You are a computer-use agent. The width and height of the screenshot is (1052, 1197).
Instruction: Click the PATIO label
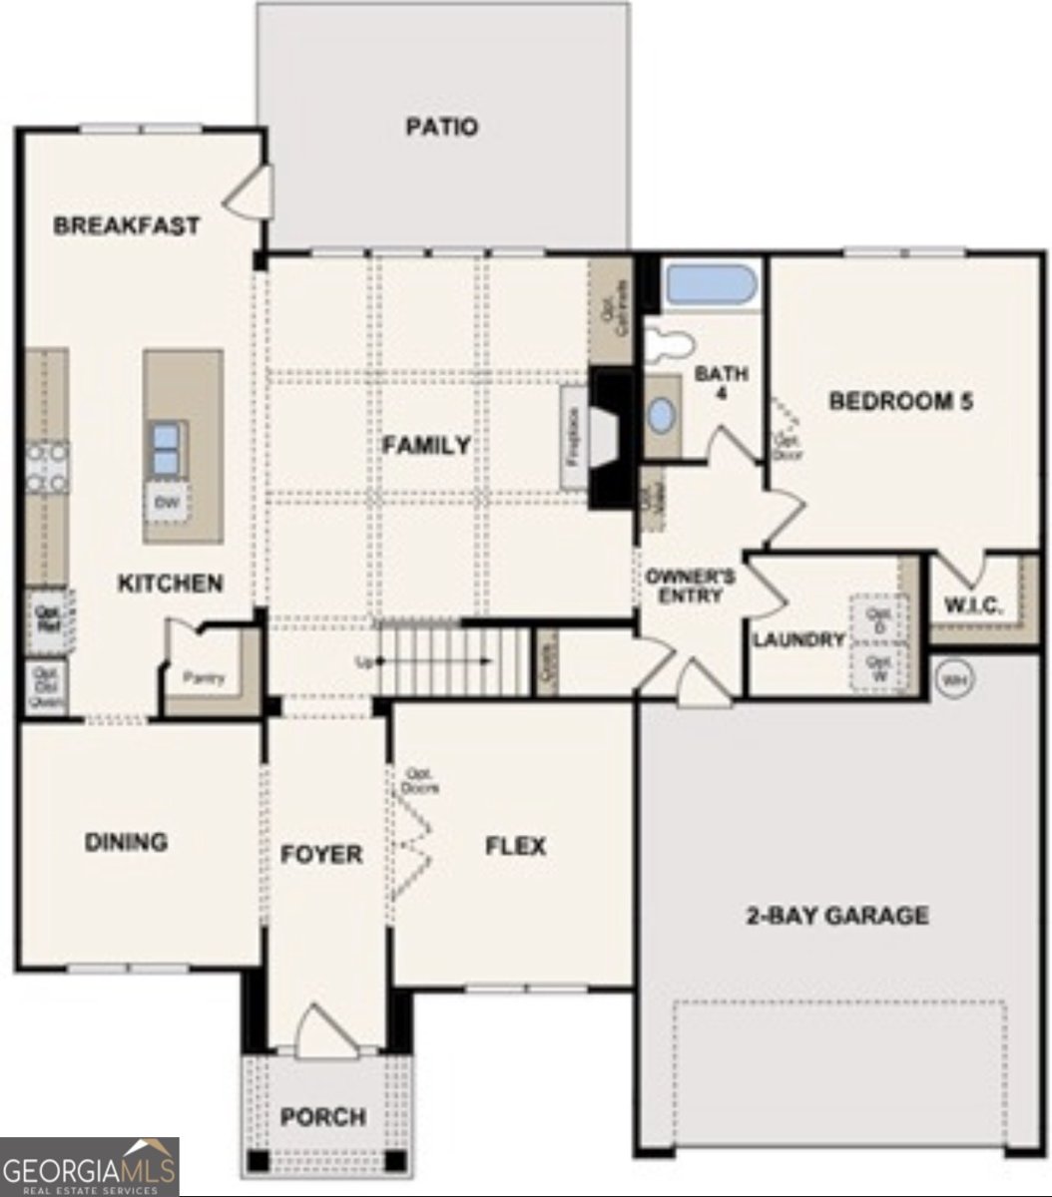442,128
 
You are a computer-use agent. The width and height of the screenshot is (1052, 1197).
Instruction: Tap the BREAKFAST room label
126,225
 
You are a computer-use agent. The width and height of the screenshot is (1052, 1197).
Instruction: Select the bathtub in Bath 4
711,285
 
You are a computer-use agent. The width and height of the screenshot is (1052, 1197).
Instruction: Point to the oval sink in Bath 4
661,415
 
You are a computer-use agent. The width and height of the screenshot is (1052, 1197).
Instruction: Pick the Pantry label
204,678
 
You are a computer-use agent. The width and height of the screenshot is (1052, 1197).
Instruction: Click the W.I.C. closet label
973,606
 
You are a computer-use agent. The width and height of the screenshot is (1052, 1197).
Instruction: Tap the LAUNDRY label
798,640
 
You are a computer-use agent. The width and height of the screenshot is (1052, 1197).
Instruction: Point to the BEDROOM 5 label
901,401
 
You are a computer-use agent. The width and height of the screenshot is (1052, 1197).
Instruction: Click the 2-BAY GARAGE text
837,915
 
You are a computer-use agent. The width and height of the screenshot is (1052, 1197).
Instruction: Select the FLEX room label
515,847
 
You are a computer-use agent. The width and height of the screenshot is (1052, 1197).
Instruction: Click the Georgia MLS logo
90,1166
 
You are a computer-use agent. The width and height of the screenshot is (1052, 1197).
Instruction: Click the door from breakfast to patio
250,191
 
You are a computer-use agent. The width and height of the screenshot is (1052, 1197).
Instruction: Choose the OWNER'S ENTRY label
691,586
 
